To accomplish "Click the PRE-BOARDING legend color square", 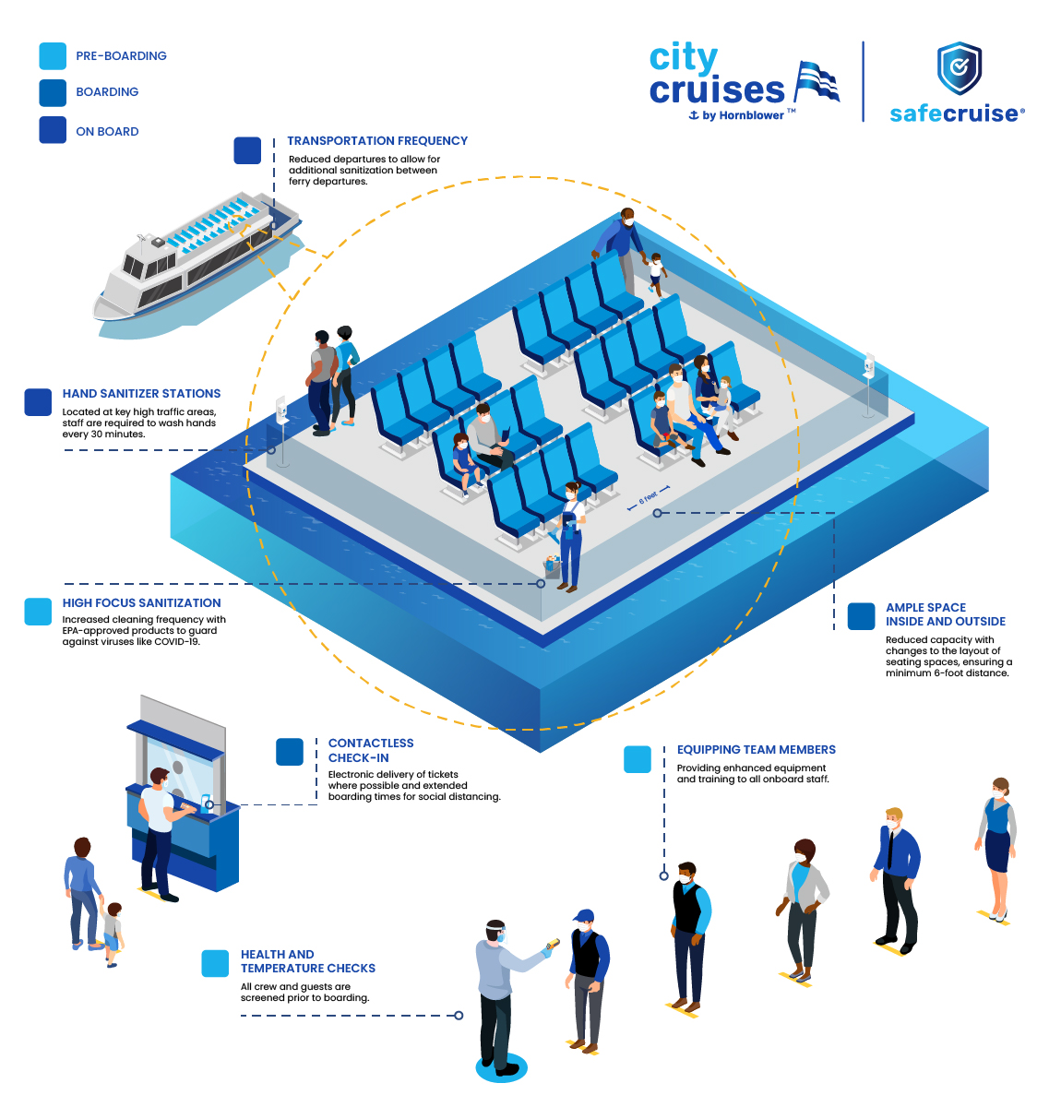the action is [53, 55].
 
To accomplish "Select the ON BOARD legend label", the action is [107, 131].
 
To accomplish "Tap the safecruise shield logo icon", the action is [959, 68].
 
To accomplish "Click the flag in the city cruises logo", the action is [817, 81].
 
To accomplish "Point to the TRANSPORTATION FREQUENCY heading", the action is [377, 140].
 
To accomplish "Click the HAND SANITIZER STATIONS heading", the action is [141, 393].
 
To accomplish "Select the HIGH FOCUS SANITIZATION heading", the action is [141, 602].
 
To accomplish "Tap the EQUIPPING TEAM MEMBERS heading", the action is [756, 749].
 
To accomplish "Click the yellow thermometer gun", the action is [553, 945].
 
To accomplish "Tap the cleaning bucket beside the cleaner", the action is [552, 565].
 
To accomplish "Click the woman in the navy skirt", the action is [995, 848].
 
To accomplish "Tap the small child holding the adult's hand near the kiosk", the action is [113, 934].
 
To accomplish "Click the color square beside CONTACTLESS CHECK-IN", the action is [289, 752].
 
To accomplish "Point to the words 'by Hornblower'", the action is [743, 115].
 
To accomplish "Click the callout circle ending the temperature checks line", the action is [459, 1015].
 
